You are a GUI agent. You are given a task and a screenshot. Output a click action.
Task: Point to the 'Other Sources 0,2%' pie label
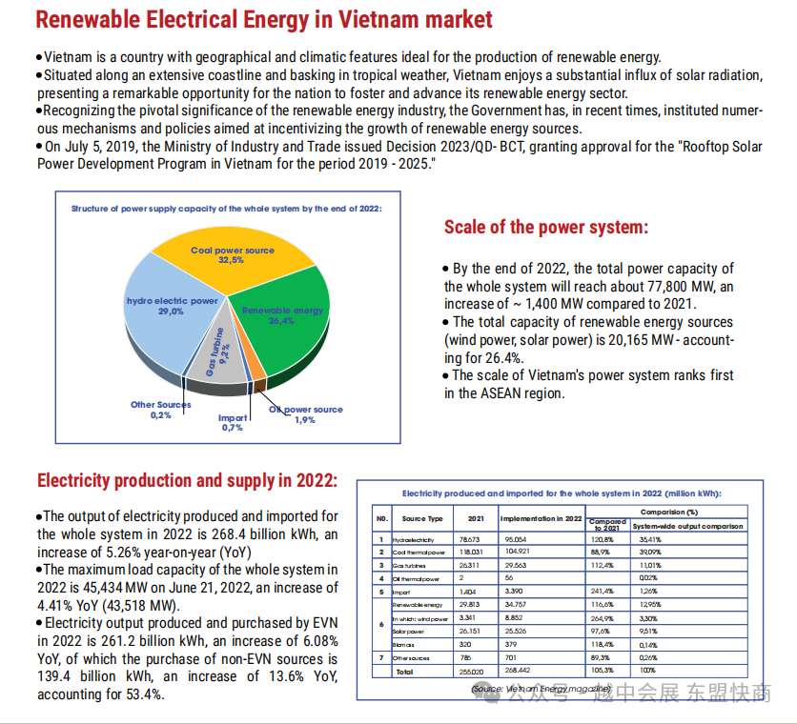coord(160,410)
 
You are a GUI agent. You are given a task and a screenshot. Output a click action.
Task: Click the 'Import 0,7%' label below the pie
coord(233,423)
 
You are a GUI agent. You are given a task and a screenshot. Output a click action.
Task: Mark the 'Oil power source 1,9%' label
coord(306,414)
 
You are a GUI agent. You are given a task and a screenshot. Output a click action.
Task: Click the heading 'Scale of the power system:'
coord(545,228)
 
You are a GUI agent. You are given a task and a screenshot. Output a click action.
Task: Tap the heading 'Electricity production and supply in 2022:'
coord(187,480)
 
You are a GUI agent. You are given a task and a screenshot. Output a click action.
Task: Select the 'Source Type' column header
coord(422,519)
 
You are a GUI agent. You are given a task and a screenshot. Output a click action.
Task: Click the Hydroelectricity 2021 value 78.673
coord(471,539)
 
